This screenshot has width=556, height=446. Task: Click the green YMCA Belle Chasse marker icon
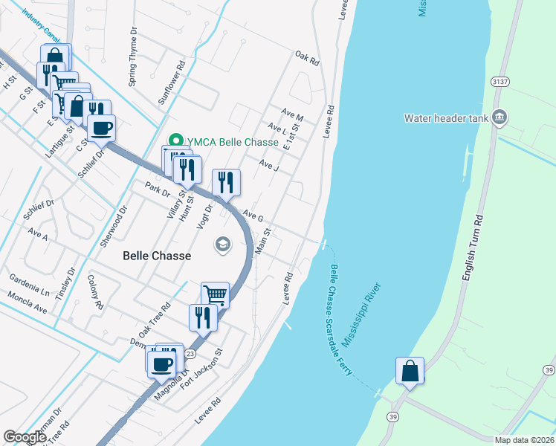[x=176, y=140]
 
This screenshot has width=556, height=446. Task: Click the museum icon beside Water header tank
[x=500, y=117]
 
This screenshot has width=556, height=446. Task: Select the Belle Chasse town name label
[x=157, y=256]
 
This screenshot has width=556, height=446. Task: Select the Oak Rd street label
[x=306, y=57]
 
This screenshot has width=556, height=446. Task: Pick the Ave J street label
[x=268, y=164]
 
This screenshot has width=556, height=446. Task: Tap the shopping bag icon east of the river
[x=410, y=369]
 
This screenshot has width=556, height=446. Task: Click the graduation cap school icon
[x=222, y=244]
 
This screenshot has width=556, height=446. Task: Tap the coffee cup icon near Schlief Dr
[x=101, y=127]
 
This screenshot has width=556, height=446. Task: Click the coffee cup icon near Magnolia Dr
[x=161, y=364]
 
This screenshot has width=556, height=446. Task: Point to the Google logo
[x=25, y=437]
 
